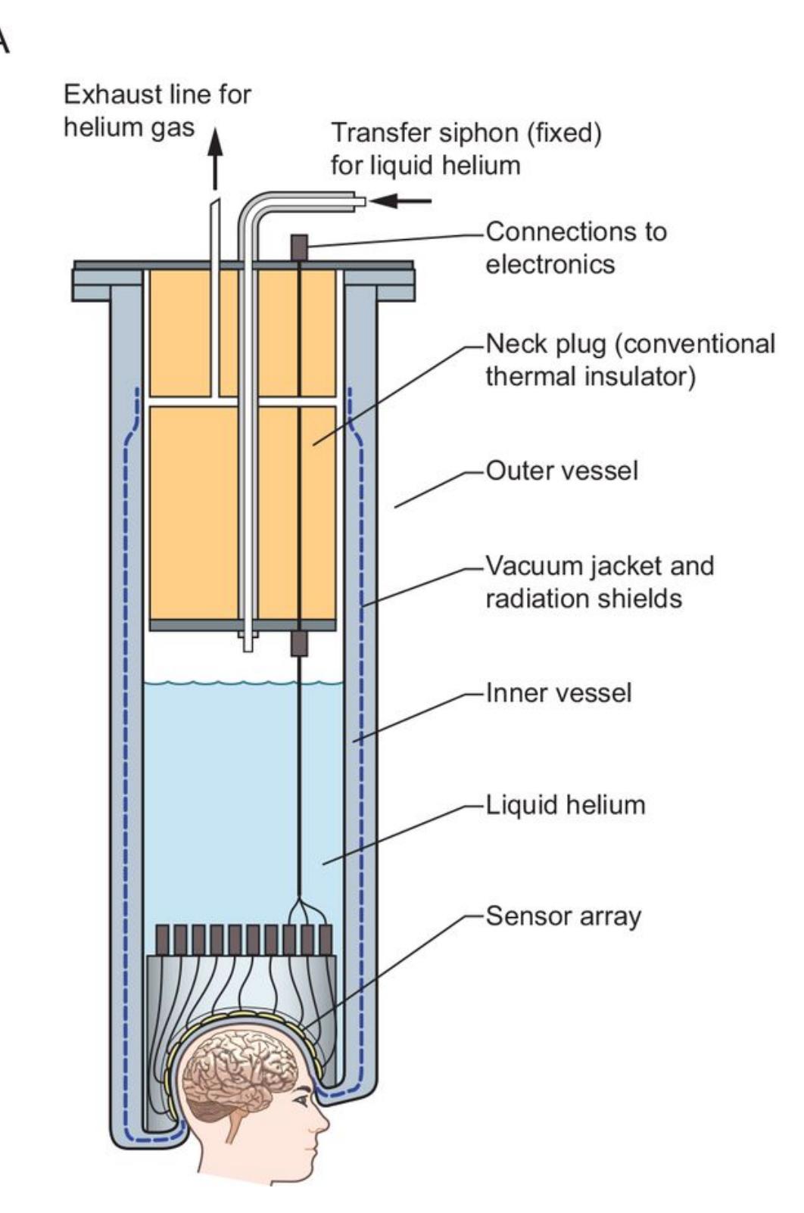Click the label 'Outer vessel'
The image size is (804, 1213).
tap(562, 471)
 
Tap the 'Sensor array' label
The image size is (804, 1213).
tap(563, 916)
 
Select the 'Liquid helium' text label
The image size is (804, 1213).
tap(565, 804)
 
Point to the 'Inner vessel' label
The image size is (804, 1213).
tap(559, 693)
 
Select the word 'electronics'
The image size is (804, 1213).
tap(550, 264)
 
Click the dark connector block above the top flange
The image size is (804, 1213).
tap(301, 247)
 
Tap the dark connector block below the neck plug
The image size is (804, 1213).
tap(301, 644)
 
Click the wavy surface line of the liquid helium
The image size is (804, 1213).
tap(242, 683)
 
